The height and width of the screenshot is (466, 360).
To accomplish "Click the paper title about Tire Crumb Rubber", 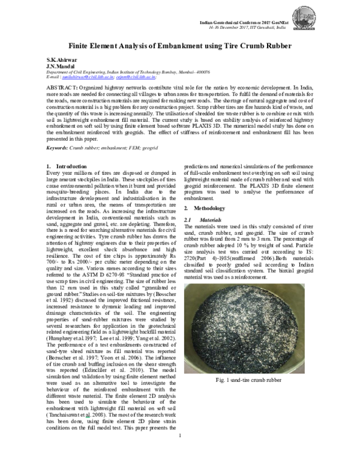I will coord(180,46).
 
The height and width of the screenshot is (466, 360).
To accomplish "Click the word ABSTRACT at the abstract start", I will coord(60,88).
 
